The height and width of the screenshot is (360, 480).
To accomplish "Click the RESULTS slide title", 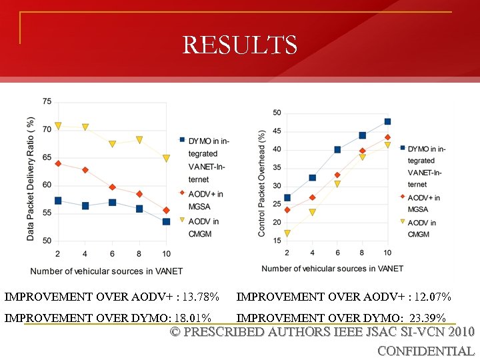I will pyautogui.click(x=240, y=45).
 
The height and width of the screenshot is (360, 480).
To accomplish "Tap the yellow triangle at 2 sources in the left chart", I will pyautogui.click(x=58, y=125).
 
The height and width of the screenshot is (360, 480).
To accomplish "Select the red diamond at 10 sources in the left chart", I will pyautogui.click(x=166, y=211).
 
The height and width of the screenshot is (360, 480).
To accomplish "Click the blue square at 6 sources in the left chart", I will pyautogui.click(x=112, y=202).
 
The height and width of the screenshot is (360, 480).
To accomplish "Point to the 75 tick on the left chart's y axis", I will pyautogui.click(x=47, y=101).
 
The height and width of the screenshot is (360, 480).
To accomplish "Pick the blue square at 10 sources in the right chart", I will pyautogui.click(x=387, y=121).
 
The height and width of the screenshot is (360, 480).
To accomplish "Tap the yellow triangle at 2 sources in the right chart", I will pyautogui.click(x=287, y=234).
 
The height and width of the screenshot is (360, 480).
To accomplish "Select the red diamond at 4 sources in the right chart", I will pyautogui.click(x=312, y=197).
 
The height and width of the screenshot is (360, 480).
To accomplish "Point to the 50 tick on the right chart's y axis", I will pyautogui.click(x=277, y=113).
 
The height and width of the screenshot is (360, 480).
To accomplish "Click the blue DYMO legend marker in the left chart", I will pyautogui.click(x=183, y=139).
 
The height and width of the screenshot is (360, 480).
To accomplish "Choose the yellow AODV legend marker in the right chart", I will pyautogui.click(x=401, y=222).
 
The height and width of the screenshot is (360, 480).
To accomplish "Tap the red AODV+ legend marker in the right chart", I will pyautogui.click(x=401, y=197).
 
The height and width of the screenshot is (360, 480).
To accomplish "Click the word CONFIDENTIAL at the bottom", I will pyautogui.click(x=426, y=351).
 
